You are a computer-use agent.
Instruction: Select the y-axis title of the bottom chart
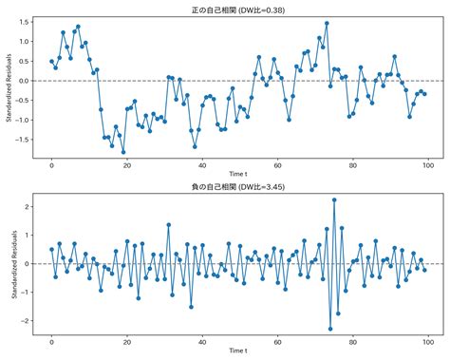pyautogui.click(x=9, y=264)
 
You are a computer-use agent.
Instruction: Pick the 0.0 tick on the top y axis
pyautogui.click(x=23, y=82)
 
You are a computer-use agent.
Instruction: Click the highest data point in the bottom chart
pyautogui.click(x=334, y=199)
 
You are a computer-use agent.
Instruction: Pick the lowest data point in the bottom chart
pyautogui.click(x=330, y=329)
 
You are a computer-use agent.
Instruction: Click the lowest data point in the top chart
pyautogui.click(x=123, y=152)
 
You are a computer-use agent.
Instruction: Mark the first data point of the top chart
pyautogui.click(x=51, y=62)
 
